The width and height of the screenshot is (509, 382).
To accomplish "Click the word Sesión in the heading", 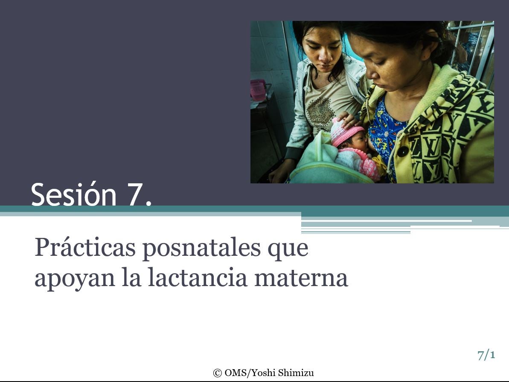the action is (x=74, y=194).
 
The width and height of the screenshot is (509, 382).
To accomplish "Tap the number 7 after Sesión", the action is (x=134, y=195).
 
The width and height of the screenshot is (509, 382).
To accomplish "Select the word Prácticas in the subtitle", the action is (x=85, y=247).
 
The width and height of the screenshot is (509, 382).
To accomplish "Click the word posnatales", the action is (x=201, y=247).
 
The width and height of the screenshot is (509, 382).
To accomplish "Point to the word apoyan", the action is (x=75, y=279).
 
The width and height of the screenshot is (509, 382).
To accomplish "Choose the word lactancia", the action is (x=198, y=277).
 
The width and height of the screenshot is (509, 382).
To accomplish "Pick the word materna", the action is (x=301, y=278).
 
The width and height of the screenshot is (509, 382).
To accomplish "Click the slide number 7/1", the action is (x=486, y=355).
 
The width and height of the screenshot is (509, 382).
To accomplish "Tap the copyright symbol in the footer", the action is (x=217, y=373).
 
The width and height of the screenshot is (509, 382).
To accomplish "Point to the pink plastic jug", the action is (x=259, y=90).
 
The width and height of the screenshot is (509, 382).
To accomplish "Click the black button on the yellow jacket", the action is (x=402, y=151).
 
